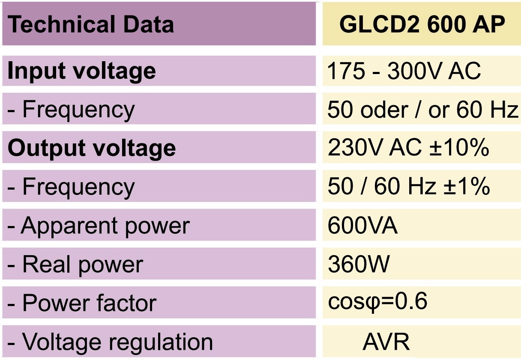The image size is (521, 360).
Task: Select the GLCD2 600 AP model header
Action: (x=422, y=24)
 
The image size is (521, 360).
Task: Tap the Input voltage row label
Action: (x=81, y=71)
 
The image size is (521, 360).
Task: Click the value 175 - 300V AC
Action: (x=404, y=71)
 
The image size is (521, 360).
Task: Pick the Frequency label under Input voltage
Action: (x=71, y=110)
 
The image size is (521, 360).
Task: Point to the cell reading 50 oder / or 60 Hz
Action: (x=423, y=110)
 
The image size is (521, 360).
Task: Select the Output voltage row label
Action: (x=92, y=148)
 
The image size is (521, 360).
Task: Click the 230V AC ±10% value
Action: (x=408, y=148)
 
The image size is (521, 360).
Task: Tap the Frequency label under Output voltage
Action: (x=71, y=187)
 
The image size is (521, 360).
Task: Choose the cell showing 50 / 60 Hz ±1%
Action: (x=409, y=187)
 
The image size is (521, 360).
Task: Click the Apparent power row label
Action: (x=99, y=226)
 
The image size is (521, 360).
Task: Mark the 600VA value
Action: (x=362, y=226)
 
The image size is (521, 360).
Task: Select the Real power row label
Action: (x=75, y=265)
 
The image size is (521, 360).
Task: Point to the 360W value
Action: (x=359, y=265)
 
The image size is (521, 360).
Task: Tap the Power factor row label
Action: (x=82, y=303)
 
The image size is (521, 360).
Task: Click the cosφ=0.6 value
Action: (x=377, y=302)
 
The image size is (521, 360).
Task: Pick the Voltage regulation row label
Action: (x=110, y=342)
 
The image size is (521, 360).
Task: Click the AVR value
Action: (x=386, y=342)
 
